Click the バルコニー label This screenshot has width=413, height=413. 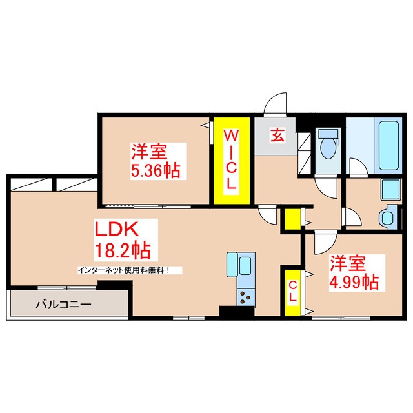pos(63,303)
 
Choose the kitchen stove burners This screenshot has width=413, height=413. pos(246,298)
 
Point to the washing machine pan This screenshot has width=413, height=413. pos(390,190)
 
